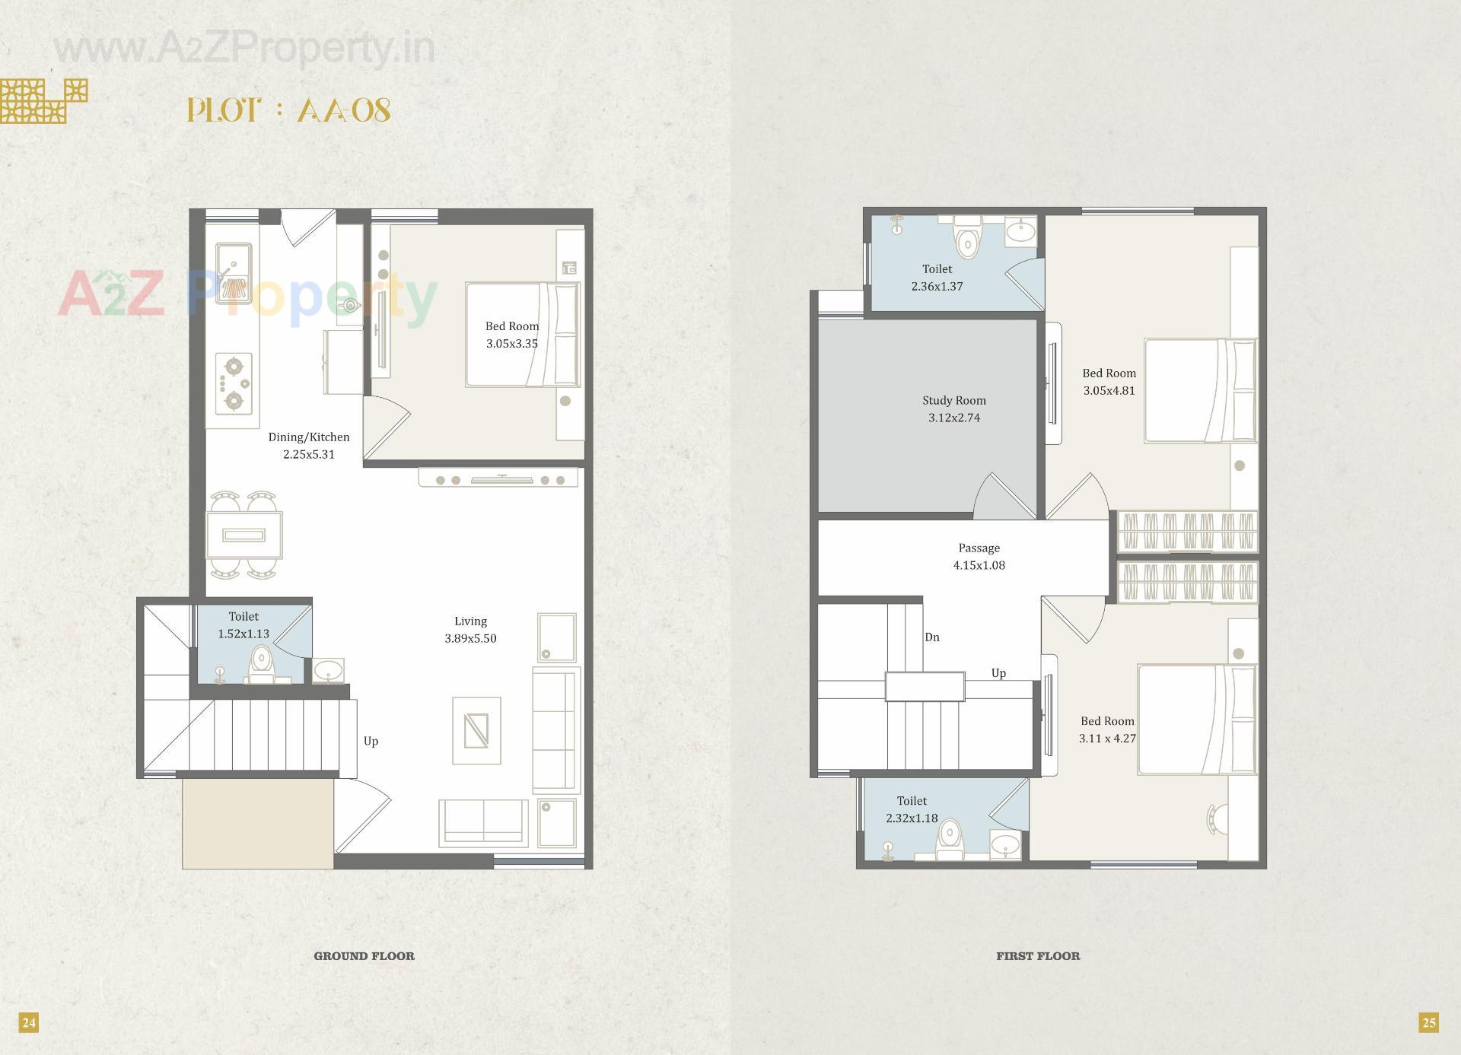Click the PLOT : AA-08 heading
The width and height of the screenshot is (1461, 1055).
coord(289,111)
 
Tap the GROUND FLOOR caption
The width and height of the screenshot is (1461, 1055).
coord(364,956)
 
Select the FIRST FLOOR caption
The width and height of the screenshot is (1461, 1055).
coord(1038,956)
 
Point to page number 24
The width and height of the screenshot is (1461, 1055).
coord(29,1022)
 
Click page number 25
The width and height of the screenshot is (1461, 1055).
coord(1429,1022)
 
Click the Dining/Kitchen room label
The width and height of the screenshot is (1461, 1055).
coord(309,437)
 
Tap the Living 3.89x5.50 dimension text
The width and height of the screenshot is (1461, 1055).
coord(470,638)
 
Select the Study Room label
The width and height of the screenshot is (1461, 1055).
coord(954,400)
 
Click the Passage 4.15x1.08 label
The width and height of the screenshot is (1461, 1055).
coord(979,557)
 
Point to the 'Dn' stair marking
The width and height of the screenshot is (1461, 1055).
coord(932,637)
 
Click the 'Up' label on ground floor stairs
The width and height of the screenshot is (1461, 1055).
coord(371,741)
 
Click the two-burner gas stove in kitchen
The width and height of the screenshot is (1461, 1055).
coord(234,383)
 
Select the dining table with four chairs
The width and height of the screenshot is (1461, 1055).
coord(245,535)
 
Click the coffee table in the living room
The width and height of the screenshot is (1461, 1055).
coord(476,730)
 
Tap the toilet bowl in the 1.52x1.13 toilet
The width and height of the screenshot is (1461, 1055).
coord(261,663)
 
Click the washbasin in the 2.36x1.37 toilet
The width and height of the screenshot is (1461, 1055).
coord(1020,230)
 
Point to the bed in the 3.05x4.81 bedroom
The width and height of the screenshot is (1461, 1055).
coord(1201,390)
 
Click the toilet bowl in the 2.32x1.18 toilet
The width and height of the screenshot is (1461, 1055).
coord(949,841)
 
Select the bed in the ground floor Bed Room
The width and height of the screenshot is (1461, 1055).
coord(523,335)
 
